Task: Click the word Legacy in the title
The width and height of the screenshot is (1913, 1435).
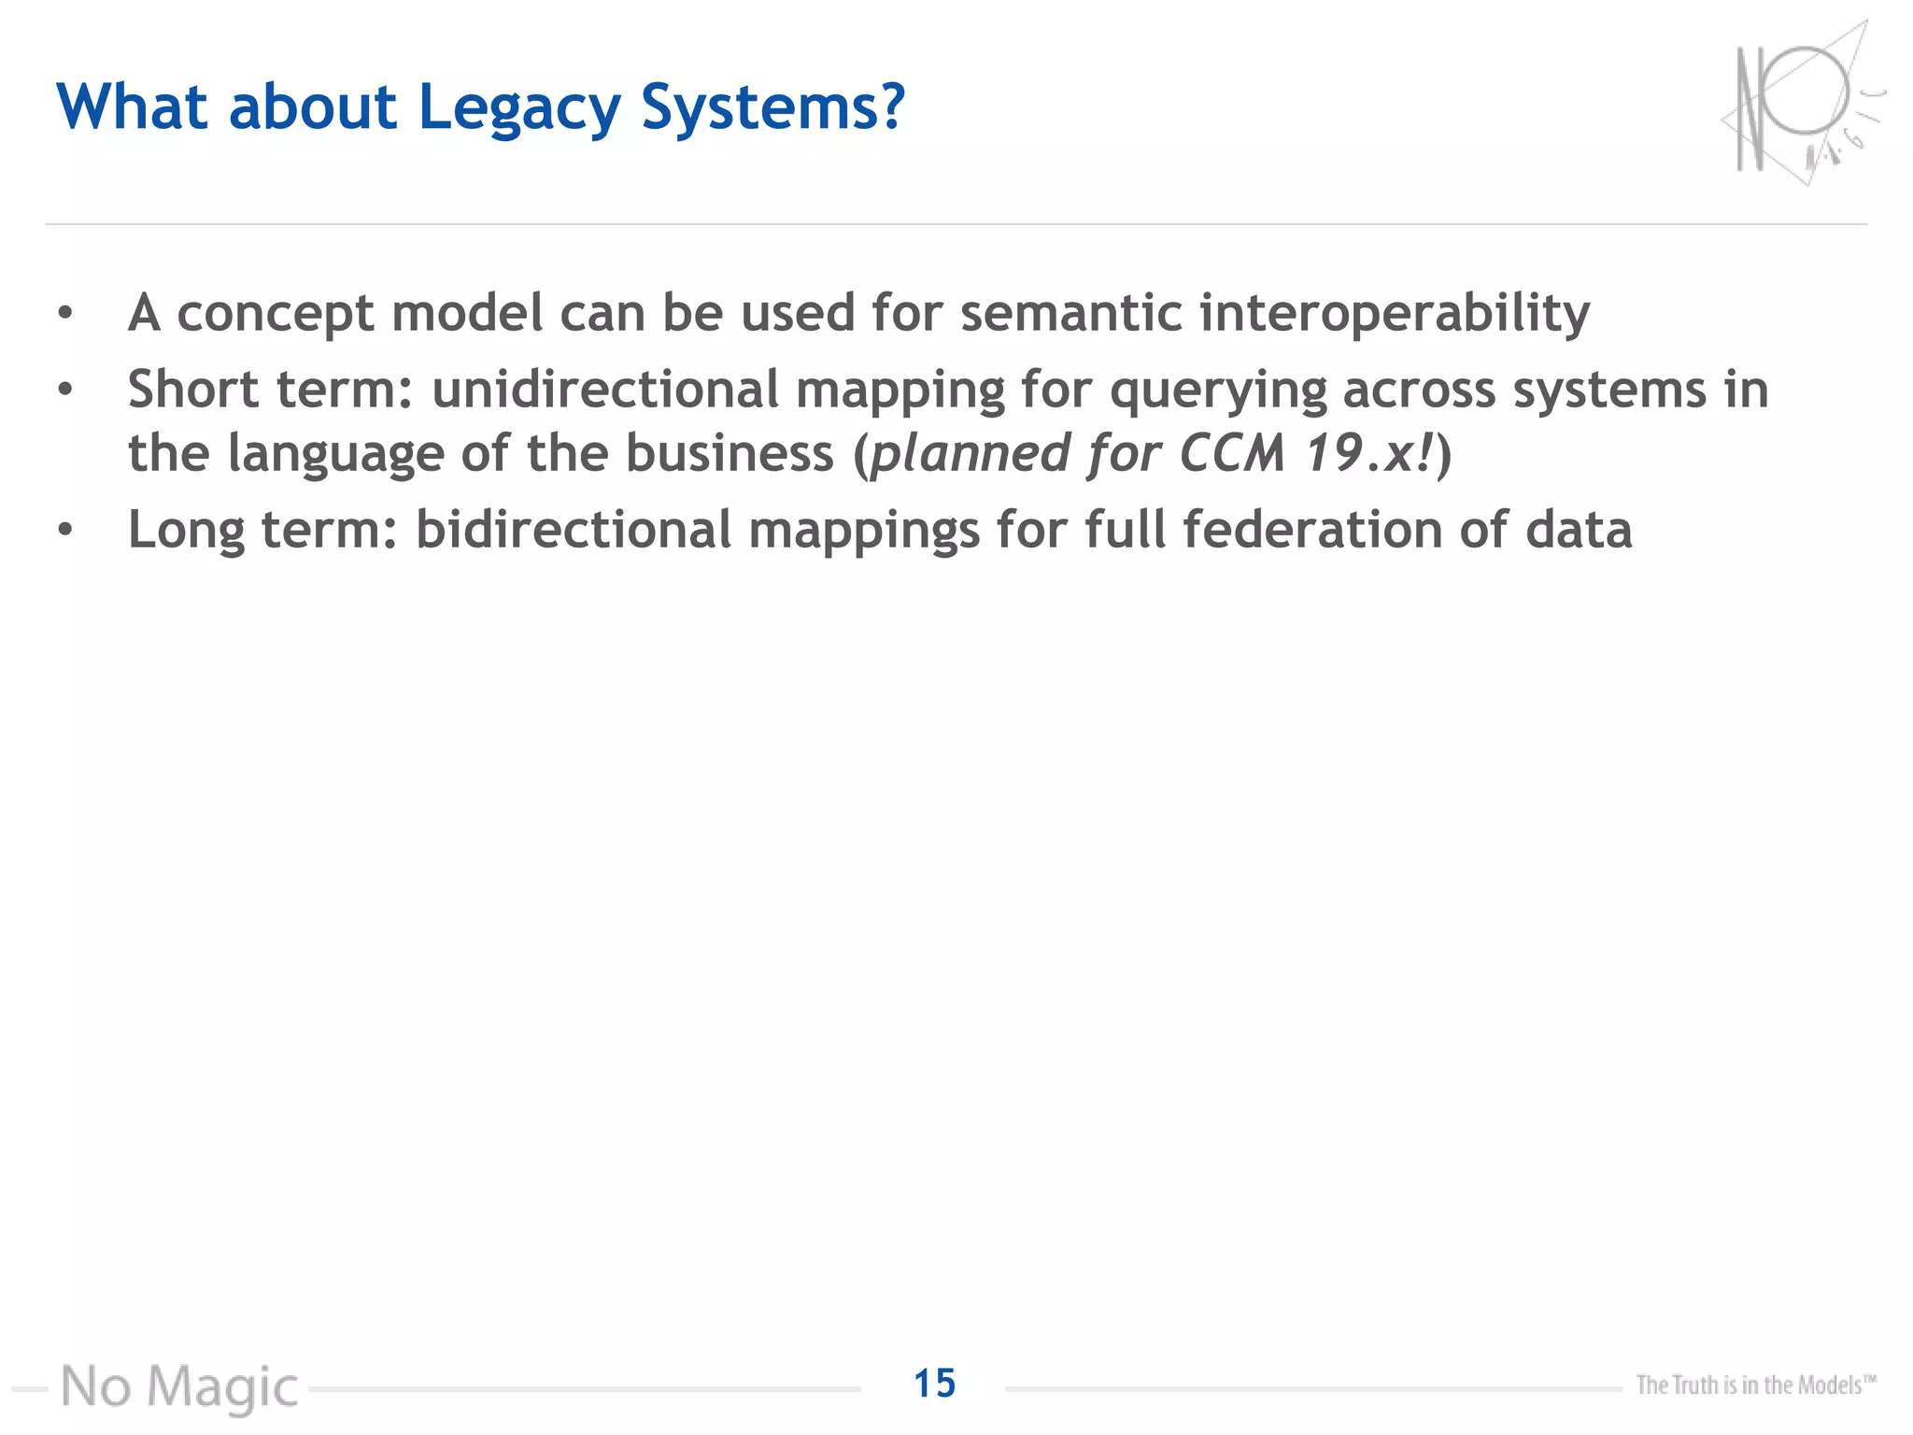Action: pos(518,108)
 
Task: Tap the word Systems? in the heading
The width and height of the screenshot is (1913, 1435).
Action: pos(772,108)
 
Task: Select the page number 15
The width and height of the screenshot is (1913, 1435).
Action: pos(934,1384)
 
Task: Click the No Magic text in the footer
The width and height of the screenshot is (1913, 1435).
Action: pos(179,1386)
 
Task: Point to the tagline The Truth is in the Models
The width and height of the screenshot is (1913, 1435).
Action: pos(1755,1385)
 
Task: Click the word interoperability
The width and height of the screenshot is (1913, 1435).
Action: pos(1394,314)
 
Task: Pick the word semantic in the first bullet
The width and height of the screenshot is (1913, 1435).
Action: pos(1070,314)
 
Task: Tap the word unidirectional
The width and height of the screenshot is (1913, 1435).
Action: pos(604,391)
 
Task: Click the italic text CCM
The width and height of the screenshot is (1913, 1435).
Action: pos(1232,454)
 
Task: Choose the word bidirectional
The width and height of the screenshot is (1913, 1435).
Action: pos(573,531)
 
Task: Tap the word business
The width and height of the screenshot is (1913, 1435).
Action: pos(729,454)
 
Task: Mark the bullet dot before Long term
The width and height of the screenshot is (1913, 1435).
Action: pos(64,531)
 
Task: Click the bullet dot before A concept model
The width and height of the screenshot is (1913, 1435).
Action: pos(64,314)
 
